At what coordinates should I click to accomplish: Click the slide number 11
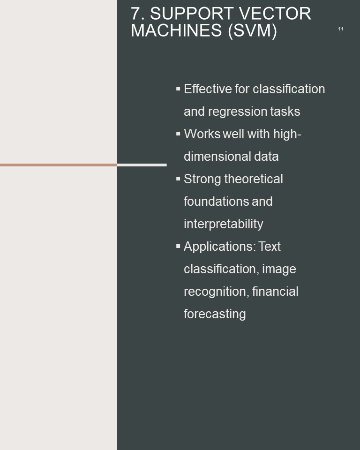point(340,29)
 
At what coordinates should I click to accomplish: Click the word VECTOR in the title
point(275,14)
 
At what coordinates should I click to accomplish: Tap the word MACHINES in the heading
point(176,30)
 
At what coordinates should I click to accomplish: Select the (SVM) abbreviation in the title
point(252,31)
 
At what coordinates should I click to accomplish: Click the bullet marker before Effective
point(178,89)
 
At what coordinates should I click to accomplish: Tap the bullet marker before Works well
point(178,134)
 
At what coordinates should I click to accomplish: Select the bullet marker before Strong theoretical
point(178,179)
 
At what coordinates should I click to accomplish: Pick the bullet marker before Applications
point(178,246)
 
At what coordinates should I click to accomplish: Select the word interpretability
point(223,225)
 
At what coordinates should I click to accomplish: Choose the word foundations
point(216,201)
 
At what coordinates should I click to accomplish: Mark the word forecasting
point(215,314)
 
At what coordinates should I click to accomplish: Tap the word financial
point(275,291)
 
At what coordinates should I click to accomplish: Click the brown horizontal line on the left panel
point(59,165)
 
